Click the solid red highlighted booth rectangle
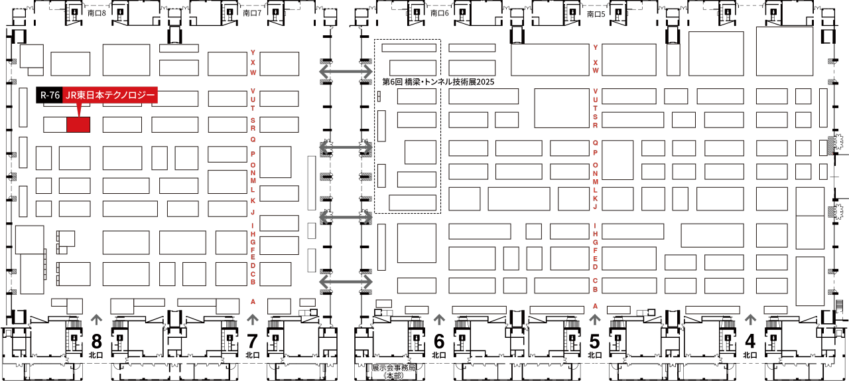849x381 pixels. [78, 124]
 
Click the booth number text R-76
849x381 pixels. [50, 96]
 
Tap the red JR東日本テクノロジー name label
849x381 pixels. [110, 96]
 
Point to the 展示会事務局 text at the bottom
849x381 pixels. [393, 367]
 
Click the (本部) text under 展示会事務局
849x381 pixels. [393, 376]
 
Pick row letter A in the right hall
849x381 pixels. [595, 306]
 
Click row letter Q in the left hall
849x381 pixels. [253, 139]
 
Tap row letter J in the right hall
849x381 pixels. [595, 206]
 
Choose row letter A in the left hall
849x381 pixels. [253, 301]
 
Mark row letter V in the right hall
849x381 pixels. [595, 91]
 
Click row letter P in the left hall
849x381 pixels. [253, 153]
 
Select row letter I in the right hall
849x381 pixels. [595, 225]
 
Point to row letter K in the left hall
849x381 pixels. [253, 199]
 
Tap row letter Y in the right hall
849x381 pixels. [595, 47]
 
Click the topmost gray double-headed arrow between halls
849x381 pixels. [346, 70]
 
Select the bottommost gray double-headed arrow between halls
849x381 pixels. [346, 282]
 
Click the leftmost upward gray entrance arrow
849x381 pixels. [97, 320]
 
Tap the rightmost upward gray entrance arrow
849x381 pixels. [750, 320]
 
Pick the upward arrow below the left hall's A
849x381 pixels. [253, 320]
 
